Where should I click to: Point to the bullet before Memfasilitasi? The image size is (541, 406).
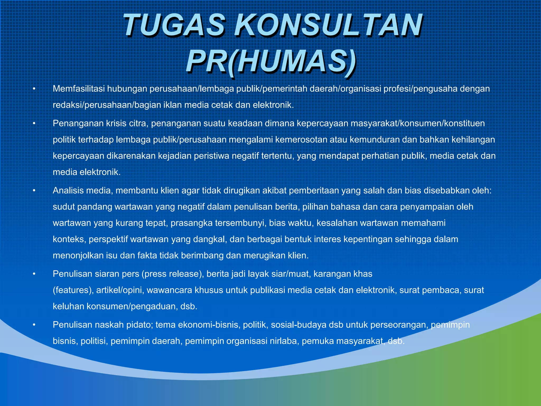coord(34,89)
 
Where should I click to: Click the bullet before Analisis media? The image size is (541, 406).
coord(34,191)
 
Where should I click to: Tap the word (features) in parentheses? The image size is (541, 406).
coord(73,290)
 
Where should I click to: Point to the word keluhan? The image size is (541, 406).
coord(68,306)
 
